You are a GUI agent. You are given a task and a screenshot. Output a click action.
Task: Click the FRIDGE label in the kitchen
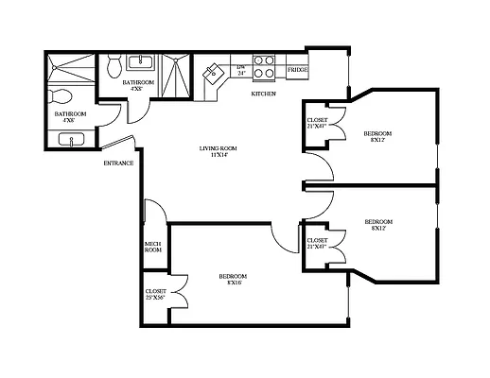click(x=297, y=70)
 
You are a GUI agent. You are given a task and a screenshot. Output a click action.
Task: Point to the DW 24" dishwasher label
click(x=241, y=69)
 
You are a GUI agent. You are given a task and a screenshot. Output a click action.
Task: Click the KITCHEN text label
click(x=263, y=94)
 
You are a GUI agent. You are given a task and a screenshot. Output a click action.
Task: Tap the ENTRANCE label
click(x=118, y=163)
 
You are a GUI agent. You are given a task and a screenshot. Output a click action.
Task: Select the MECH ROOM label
click(x=151, y=248)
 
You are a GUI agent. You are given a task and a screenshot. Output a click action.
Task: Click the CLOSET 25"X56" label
click(x=155, y=295)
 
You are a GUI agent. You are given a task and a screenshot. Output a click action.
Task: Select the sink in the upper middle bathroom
click(x=143, y=64)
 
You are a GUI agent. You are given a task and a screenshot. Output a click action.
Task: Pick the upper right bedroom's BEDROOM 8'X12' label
click(x=378, y=137)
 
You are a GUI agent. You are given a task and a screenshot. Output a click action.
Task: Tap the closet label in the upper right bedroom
click(x=319, y=123)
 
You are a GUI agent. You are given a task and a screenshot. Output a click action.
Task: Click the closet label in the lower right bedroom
click(x=319, y=244)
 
